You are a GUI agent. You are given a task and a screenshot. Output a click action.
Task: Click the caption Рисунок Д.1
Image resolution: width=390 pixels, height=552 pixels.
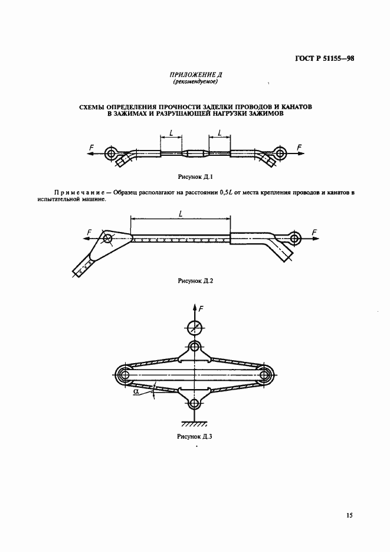click(x=195, y=177)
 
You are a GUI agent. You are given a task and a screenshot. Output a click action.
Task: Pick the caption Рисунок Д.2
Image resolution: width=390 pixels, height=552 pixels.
click(x=195, y=281)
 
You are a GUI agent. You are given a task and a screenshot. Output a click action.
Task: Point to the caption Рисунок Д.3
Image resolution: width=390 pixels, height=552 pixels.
click(x=195, y=437)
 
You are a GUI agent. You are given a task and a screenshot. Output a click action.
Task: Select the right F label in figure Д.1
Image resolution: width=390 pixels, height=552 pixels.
click(x=299, y=146)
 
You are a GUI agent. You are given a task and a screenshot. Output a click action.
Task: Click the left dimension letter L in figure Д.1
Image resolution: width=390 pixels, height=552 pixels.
click(x=171, y=133)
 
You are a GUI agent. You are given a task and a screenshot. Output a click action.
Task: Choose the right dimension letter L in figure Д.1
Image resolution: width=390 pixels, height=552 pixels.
click(x=219, y=133)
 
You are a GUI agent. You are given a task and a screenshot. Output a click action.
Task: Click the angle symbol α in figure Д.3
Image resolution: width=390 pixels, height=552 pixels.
click(x=136, y=390)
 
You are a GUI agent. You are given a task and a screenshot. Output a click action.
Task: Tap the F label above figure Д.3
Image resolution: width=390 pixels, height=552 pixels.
click(x=201, y=309)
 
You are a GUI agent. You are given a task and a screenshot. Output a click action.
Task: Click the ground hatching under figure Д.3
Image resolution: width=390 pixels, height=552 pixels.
click(x=195, y=424)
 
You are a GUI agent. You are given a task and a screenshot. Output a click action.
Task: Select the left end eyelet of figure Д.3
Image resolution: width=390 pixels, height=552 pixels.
click(x=124, y=375)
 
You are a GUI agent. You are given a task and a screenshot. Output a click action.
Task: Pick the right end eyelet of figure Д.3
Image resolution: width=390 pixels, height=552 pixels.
click(x=266, y=375)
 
